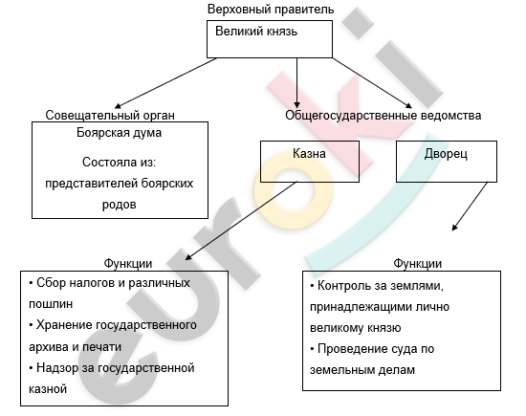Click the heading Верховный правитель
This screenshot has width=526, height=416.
tap(271, 10)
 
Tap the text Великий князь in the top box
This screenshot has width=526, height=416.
tap(256, 32)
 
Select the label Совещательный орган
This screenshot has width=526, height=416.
tap(110, 115)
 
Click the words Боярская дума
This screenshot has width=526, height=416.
tap(120, 133)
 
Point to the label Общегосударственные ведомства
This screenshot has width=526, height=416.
tap(384, 116)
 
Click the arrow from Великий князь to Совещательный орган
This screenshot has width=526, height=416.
tap(165, 83)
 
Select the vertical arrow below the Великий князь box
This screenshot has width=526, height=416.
tap(296, 83)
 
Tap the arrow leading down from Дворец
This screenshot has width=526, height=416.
tap(470, 207)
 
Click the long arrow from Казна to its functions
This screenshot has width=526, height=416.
tap(241, 221)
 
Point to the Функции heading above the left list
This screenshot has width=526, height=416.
tap(128, 264)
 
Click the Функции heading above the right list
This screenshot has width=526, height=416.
tap(417, 264)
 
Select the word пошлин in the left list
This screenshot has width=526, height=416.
tap(51, 304)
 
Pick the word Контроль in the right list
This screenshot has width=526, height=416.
tap(343, 286)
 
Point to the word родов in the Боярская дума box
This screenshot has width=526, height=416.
tap(120, 205)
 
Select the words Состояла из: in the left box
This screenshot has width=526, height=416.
tap(120, 163)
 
